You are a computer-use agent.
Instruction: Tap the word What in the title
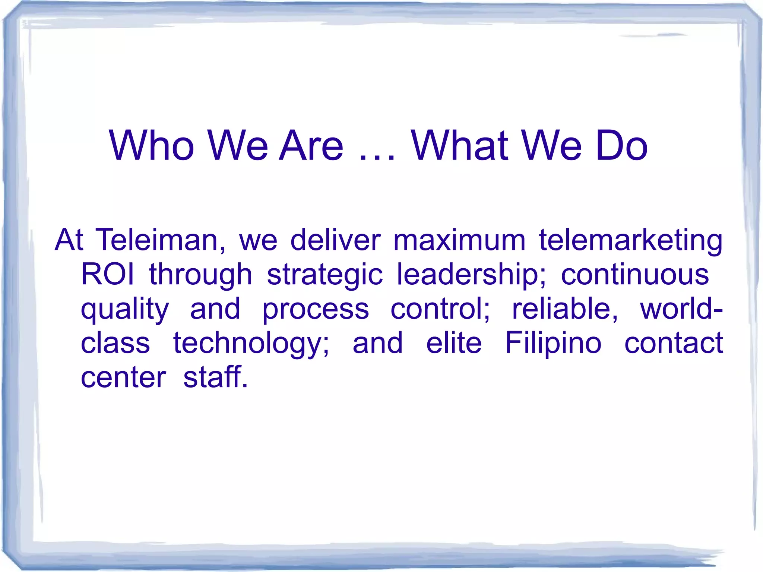[460, 146]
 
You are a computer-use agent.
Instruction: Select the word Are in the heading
[311, 146]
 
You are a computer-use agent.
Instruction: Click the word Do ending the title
[621, 146]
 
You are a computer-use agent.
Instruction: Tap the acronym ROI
[107, 275]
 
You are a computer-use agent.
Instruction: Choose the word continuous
[635, 275]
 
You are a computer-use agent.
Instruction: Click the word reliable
[565, 309]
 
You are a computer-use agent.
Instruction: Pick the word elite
[454, 343]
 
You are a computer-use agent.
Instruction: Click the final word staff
[215, 377]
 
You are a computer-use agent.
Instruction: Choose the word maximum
[459, 240]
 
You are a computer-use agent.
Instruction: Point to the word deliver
[335, 240]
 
